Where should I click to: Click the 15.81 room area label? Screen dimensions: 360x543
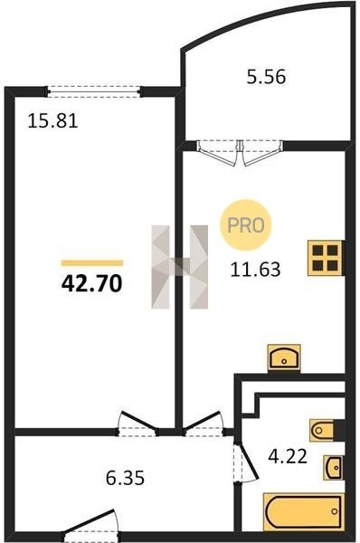click(x=52, y=121)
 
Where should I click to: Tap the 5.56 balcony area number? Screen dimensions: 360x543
click(x=266, y=77)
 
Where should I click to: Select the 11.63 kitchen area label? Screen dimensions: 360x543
click(x=255, y=270)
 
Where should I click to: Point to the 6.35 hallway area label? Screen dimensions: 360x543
click(x=125, y=478)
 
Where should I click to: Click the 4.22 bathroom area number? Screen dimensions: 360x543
click(x=288, y=456)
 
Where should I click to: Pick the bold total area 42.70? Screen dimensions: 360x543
click(x=91, y=283)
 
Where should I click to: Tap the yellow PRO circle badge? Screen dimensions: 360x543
click(x=246, y=225)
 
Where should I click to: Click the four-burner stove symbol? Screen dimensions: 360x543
click(x=326, y=258)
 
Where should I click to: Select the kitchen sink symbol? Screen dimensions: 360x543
click(x=284, y=358)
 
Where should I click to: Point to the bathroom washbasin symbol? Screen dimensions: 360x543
click(x=334, y=468)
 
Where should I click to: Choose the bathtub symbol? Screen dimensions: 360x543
click(x=304, y=511)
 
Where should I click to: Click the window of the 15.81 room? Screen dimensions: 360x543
click(x=94, y=91)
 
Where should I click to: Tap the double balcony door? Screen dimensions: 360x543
click(x=240, y=152)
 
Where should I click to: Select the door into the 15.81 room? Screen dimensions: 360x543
click(x=137, y=425)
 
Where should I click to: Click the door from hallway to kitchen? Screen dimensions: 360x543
click(x=204, y=425)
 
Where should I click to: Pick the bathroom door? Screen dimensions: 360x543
click(x=245, y=462)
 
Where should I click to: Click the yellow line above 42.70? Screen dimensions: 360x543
click(x=92, y=262)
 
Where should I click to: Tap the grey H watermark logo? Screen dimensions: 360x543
click(x=180, y=267)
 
